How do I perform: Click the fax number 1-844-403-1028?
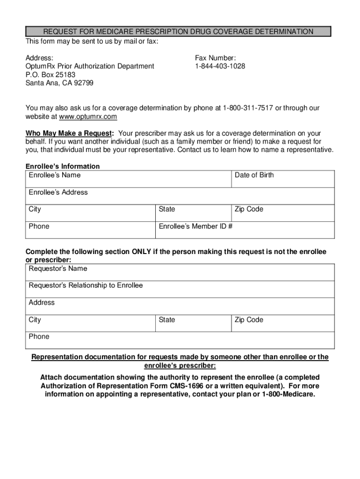point(220,66)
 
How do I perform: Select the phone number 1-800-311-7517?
point(247,108)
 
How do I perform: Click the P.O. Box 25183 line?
point(50,75)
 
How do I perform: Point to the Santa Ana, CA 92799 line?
point(59,83)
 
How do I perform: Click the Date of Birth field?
point(283,179)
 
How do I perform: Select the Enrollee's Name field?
point(129,179)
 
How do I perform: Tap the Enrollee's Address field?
point(180,196)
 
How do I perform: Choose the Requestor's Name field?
point(180,272)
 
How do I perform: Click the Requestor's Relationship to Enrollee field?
point(180,289)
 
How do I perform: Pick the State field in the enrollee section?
point(193,213)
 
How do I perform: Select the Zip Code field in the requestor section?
point(283,323)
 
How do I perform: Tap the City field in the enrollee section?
point(90,213)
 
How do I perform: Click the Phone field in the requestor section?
point(180,340)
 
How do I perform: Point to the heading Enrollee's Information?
point(62,166)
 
